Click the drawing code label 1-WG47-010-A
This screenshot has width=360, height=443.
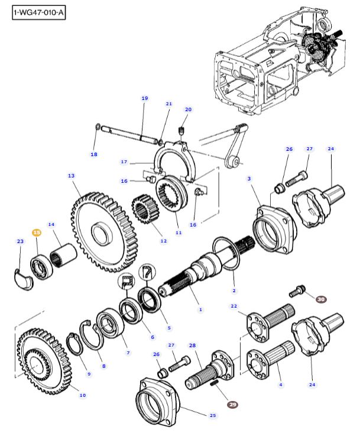pos(38,13)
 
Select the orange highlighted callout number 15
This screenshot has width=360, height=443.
pos(37,234)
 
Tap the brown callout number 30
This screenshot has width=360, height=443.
pos(321,300)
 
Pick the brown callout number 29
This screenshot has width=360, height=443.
pos(232,405)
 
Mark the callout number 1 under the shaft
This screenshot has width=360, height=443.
pos(200,309)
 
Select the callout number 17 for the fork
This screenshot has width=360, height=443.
pos(124,161)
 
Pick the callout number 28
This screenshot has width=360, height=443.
pos(192,345)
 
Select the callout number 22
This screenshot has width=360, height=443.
pos(233,306)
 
